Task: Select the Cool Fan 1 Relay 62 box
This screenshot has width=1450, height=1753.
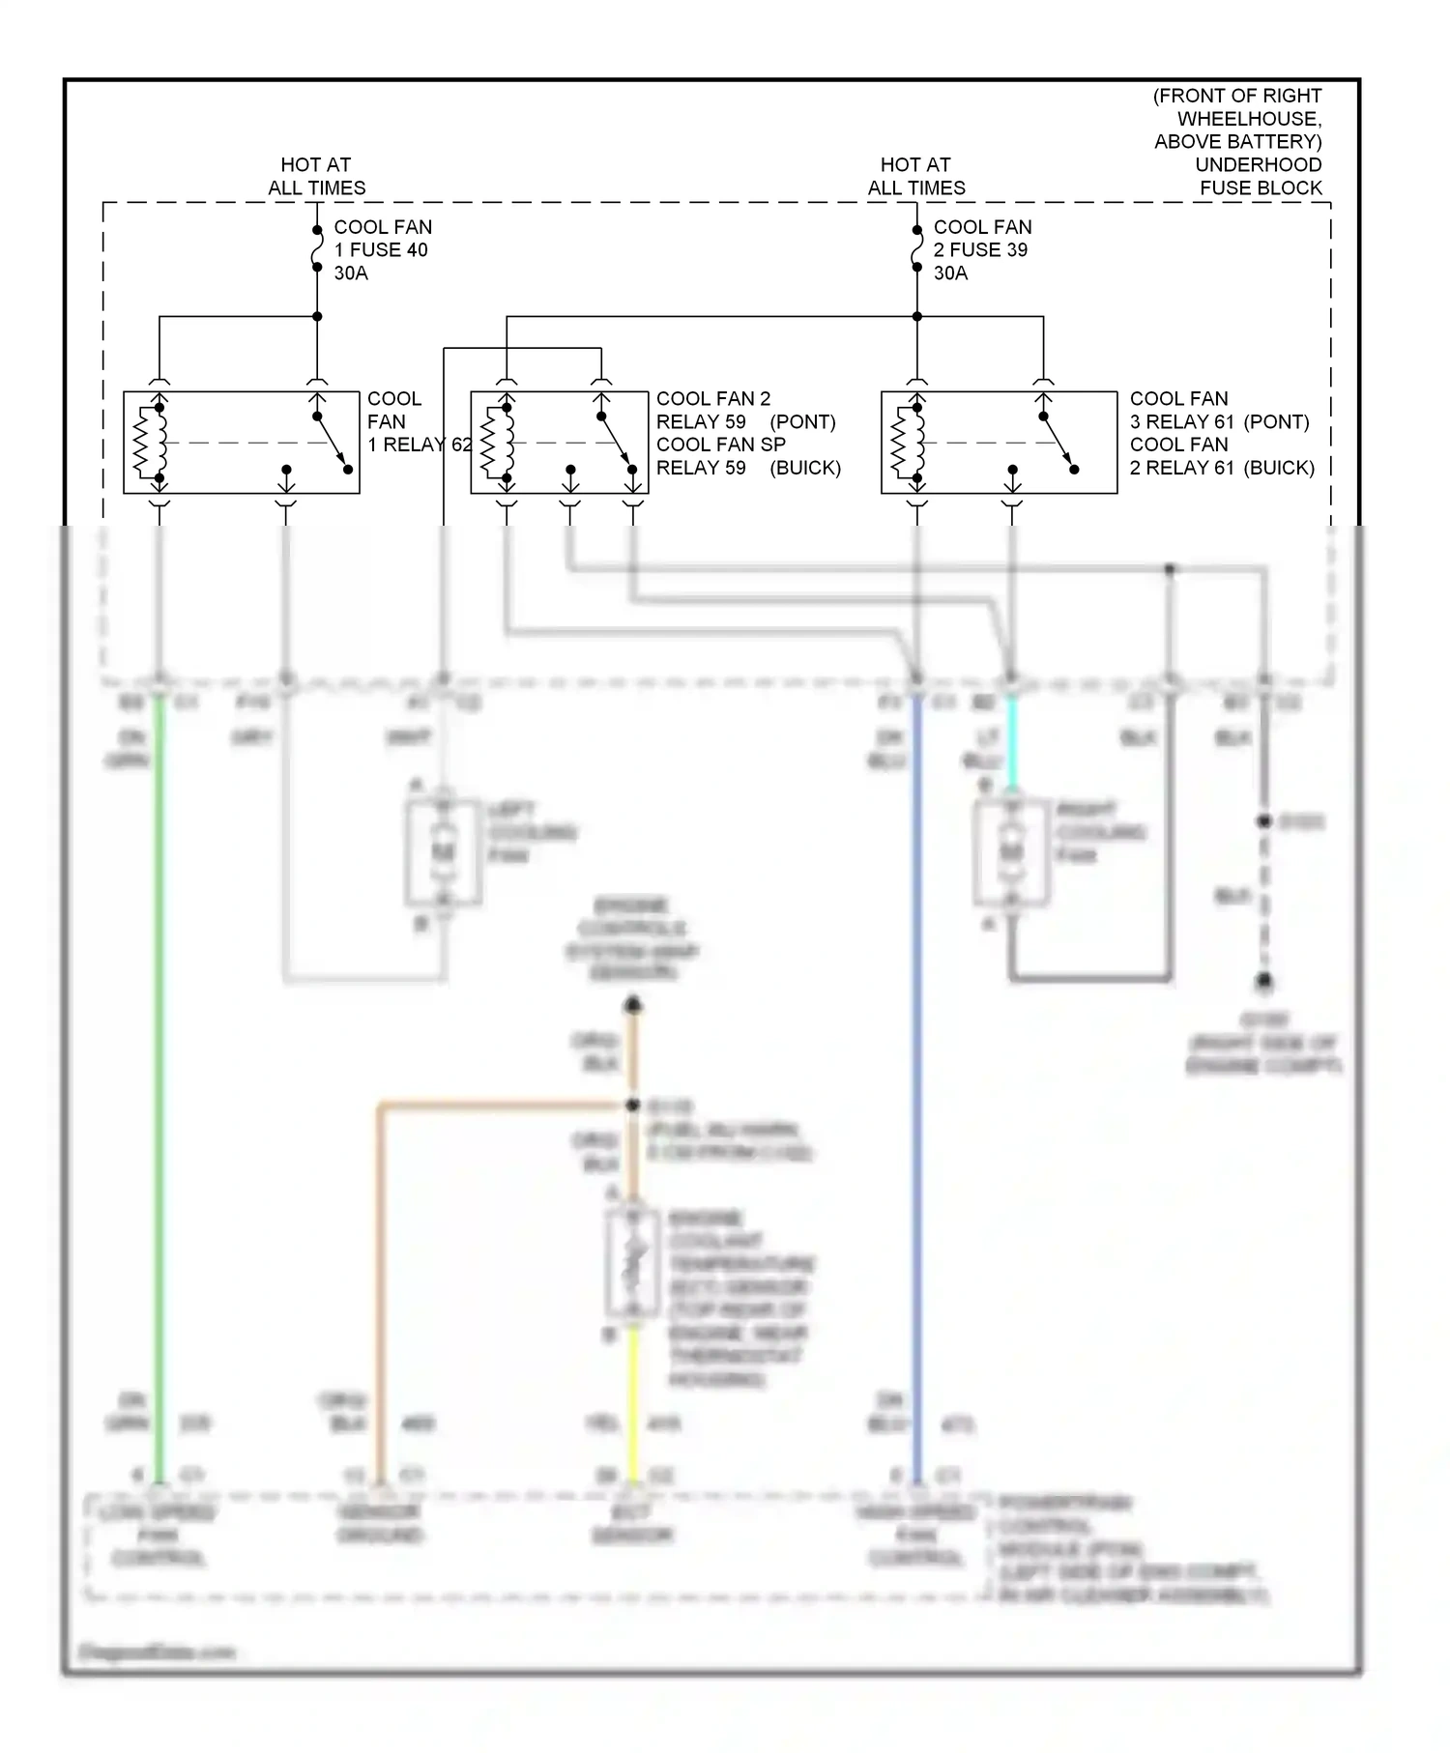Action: click(242, 443)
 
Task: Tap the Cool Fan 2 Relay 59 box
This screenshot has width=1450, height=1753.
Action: click(559, 443)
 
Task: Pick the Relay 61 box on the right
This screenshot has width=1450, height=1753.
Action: click(999, 443)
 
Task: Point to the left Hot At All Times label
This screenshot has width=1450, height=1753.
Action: click(316, 176)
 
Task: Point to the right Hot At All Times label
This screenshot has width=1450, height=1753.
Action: click(915, 176)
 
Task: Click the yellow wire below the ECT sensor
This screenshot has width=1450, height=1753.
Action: click(633, 1401)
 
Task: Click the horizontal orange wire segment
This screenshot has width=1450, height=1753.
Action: click(503, 1105)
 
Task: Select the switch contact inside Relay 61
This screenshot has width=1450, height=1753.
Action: click(1059, 445)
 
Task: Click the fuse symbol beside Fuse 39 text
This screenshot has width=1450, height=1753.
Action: click(916, 249)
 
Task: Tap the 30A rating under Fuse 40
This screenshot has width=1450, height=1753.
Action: click(351, 273)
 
